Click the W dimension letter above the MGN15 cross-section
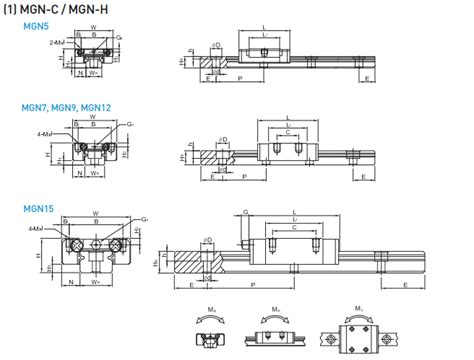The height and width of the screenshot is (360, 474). click(x=95, y=213)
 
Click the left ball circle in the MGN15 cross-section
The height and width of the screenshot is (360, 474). click(x=72, y=245)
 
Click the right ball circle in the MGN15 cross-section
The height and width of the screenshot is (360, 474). click(x=118, y=245)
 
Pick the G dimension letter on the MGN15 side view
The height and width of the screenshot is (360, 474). click(x=245, y=212)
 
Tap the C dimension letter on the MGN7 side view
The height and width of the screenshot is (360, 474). click(x=290, y=131)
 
